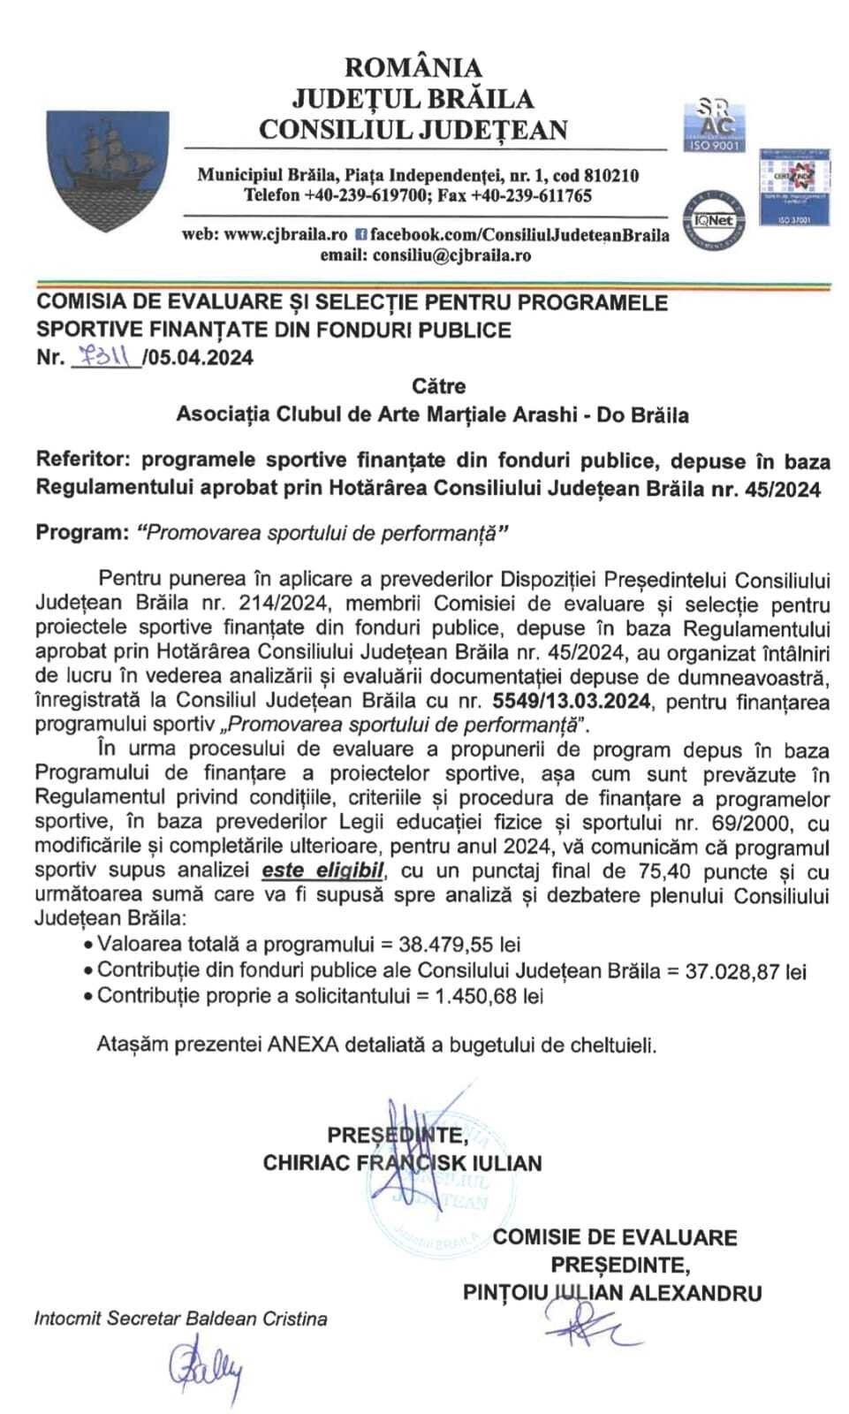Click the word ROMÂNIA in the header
413,67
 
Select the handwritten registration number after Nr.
104,357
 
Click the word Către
438,386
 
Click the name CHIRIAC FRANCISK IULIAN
402,1161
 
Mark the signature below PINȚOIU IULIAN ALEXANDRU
584,1322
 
